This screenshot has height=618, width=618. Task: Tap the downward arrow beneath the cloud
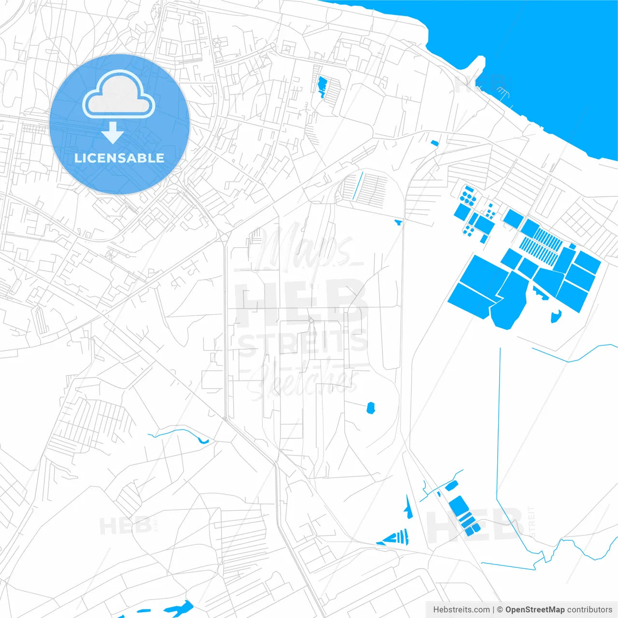coord(112,133)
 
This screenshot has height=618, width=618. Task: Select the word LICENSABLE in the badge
coord(119,158)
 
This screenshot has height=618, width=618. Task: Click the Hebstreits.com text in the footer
coord(461,610)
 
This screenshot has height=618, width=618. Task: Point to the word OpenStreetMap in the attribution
coord(534,610)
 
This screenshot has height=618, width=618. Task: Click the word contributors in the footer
coord(590,610)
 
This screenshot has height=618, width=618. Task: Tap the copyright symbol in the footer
coord(500,610)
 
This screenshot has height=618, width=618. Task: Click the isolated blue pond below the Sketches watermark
coord(371,408)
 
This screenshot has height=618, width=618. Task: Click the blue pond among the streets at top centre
coord(322,86)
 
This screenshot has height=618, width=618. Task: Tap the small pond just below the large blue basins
coord(556,317)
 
